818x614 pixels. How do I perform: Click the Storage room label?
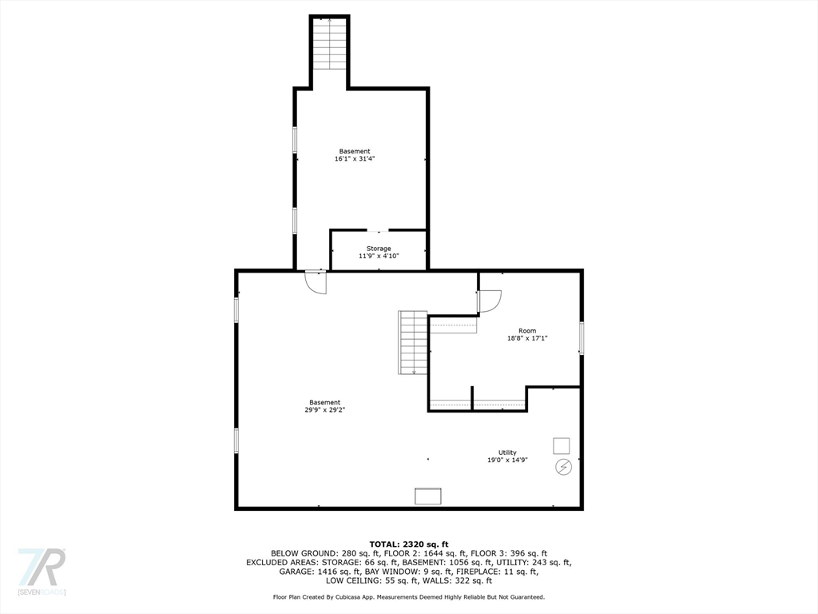(x=379, y=249)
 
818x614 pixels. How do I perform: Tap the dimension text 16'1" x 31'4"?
(x=355, y=159)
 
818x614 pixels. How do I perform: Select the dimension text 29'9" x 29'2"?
(x=325, y=409)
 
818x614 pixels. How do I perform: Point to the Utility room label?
(x=507, y=453)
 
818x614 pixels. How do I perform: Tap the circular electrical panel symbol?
(x=563, y=466)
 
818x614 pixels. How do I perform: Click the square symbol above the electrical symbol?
(x=562, y=445)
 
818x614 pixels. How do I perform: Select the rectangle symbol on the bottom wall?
(x=428, y=496)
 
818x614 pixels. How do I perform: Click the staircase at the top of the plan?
(x=329, y=44)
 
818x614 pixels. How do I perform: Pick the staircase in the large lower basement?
(x=414, y=342)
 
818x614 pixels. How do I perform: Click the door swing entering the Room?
(x=489, y=301)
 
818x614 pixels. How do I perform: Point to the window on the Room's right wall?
(x=582, y=337)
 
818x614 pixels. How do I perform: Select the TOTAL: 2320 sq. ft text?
(x=408, y=544)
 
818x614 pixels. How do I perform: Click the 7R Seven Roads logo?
(x=42, y=572)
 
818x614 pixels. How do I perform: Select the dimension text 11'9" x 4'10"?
(x=379, y=256)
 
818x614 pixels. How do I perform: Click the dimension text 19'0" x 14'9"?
(x=507, y=460)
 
